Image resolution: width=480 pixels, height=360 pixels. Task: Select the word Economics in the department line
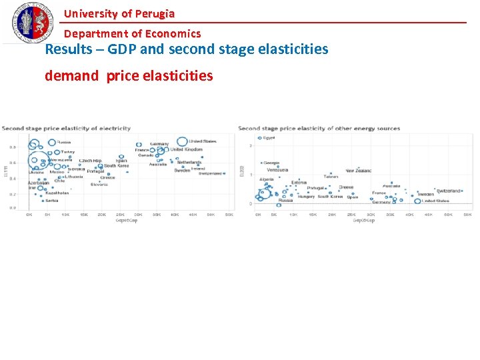175,33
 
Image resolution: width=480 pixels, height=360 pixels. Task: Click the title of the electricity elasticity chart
66,128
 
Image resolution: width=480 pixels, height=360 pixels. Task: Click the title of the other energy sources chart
319,128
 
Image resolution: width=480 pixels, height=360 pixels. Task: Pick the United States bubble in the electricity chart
182,141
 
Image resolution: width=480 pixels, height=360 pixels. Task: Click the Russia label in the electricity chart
64,142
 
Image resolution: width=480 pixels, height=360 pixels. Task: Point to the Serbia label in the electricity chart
51,200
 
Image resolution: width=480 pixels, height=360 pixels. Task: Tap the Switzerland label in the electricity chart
210,173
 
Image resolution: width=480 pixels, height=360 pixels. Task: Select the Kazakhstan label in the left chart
57,193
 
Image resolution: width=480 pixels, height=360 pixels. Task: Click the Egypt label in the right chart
268,138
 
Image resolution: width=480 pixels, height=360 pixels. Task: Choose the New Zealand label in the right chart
358,171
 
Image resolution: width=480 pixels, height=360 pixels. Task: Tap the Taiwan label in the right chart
331,176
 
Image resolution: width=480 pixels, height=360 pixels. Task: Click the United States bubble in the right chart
417,201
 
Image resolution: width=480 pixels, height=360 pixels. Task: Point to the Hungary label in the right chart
306,197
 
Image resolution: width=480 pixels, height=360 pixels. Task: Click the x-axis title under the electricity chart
126,221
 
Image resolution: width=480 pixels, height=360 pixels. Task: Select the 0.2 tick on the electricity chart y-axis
13,195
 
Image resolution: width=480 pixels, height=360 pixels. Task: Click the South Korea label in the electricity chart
116,166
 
